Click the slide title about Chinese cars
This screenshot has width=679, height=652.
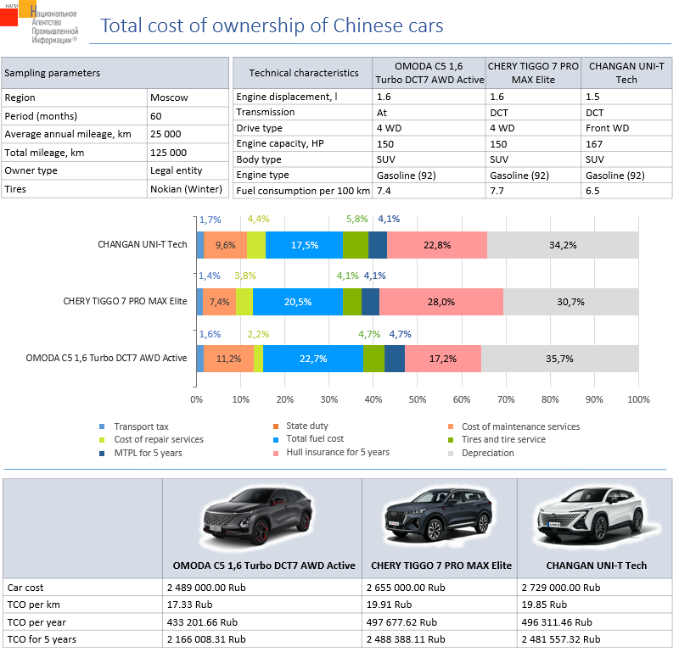point(272,25)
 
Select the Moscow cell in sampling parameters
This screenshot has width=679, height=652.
point(169,98)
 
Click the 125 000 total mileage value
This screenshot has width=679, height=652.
point(168,153)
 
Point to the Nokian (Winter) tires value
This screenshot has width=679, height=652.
point(181,189)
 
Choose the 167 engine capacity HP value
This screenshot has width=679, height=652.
point(593,144)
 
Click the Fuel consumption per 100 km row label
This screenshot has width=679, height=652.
point(303,191)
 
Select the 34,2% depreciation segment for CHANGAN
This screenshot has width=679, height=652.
point(563,245)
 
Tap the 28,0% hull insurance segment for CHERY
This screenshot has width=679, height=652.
point(441,301)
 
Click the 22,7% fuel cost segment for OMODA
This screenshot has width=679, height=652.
point(313,358)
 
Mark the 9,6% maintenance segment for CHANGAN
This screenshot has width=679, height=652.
point(225,245)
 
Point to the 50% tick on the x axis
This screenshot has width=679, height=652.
point(418,399)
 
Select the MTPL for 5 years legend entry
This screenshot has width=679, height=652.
point(148,453)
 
